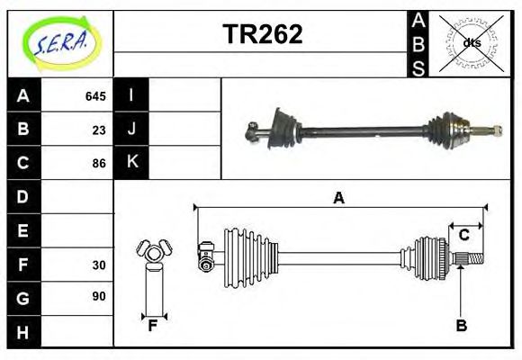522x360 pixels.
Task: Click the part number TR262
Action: (x=262, y=34)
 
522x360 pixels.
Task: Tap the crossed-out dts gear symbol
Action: (x=472, y=42)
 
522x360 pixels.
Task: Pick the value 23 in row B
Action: (x=98, y=130)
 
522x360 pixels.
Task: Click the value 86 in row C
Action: (x=98, y=164)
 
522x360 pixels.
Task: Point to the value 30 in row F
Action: (x=98, y=265)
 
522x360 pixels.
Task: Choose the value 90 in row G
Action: (x=98, y=296)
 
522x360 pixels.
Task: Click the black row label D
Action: (x=23, y=196)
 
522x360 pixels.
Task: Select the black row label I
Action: (x=131, y=95)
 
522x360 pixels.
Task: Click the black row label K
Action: (x=131, y=163)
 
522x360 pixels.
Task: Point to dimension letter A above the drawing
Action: (x=338, y=198)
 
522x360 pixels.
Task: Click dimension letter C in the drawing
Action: (x=463, y=235)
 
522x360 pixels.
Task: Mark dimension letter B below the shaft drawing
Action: (x=461, y=326)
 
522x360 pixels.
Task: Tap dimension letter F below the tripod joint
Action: (x=153, y=326)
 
